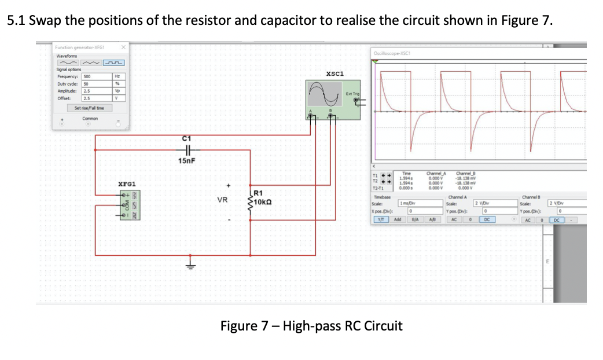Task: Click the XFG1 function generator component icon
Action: (128, 207)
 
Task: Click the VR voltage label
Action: (222, 201)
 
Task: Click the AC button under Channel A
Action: (454, 220)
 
